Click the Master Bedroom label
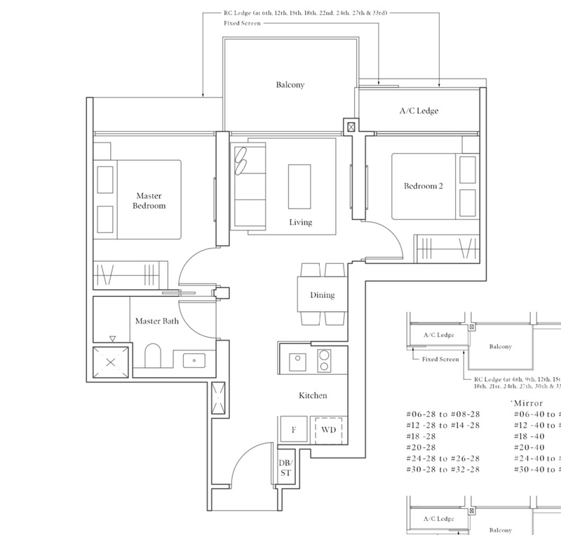151,201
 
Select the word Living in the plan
300,223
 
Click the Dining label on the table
322,296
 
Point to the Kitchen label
313,396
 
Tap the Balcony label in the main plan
289,86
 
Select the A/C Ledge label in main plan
419,112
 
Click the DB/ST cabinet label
286,468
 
